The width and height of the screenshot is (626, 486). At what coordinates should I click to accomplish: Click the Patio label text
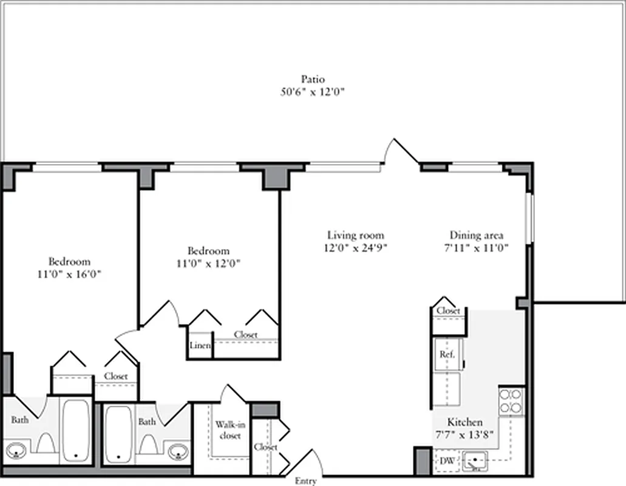[x=313, y=79]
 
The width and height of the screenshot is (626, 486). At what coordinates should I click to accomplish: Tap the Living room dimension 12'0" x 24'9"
[x=356, y=248]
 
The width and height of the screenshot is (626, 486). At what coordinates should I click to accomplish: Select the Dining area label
[x=477, y=235]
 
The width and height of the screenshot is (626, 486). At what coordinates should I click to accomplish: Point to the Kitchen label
[x=465, y=422]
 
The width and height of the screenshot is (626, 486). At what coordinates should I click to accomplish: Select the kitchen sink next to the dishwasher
[x=475, y=461]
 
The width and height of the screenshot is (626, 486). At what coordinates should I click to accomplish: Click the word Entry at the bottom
[x=305, y=481]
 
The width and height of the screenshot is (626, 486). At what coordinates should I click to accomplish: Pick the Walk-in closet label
[x=228, y=430]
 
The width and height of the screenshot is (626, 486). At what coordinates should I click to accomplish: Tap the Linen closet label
[x=200, y=346]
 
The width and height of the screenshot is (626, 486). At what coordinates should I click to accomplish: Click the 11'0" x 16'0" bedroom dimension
[x=69, y=274]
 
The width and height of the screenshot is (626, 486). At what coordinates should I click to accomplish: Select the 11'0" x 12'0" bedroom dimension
[x=208, y=264]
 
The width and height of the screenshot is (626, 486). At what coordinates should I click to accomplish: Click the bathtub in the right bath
[x=117, y=433]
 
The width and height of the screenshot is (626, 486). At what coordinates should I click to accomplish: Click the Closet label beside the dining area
[x=448, y=310]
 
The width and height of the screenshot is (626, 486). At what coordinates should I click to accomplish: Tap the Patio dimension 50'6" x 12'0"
[x=313, y=92]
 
